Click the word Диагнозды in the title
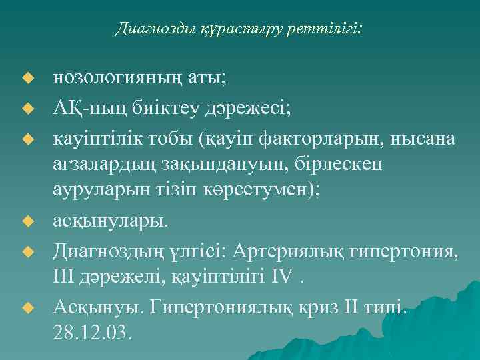145,29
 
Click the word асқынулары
111,220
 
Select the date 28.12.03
93,332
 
